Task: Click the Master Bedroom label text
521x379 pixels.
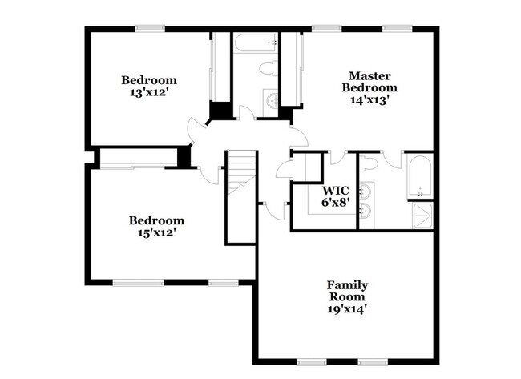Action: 370,81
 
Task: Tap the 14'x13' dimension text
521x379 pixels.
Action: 370,101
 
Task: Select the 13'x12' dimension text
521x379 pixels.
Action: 148,92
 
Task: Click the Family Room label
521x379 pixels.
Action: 347,290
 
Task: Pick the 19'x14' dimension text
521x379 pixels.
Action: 347,308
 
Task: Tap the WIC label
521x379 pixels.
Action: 335,191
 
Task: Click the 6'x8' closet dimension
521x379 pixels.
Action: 335,203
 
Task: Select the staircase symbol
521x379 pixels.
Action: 240,172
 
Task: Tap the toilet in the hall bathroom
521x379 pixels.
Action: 270,71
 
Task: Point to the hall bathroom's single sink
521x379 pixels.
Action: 273,101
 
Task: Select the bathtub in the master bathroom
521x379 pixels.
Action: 419,176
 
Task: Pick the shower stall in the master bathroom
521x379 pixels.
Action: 422,215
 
